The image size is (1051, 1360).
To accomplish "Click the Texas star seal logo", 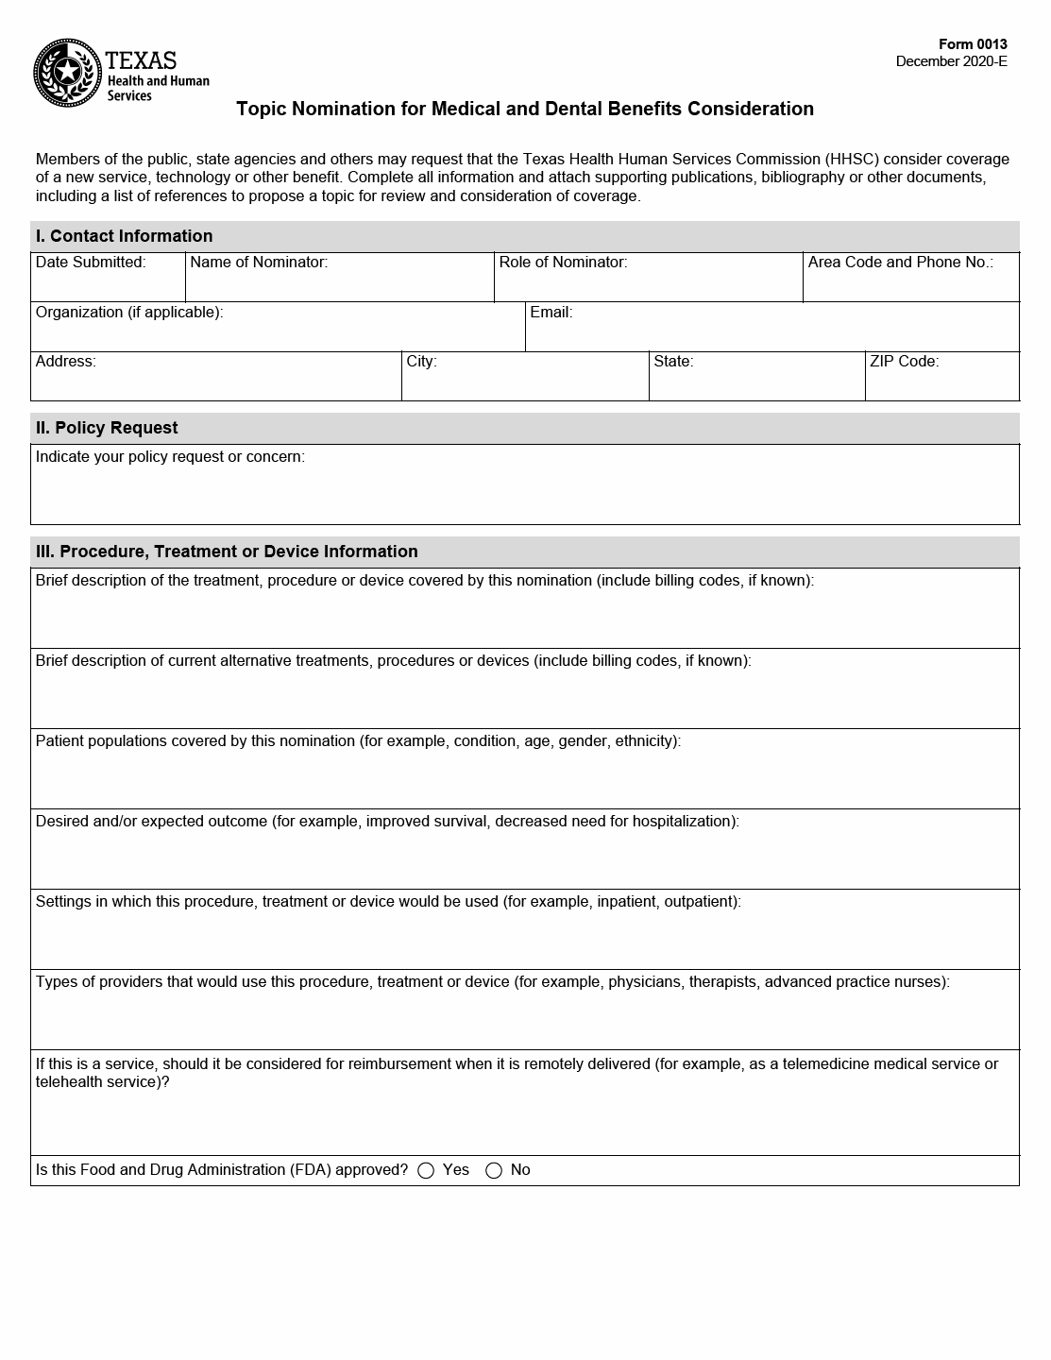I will pyautogui.click(x=67, y=73).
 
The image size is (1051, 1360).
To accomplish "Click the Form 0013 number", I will pyautogui.click(x=973, y=44).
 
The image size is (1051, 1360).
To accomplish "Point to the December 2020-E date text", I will pyautogui.click(x=951, y=61).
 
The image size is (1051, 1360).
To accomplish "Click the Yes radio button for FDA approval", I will pyautogui.click(x=426, y=1171).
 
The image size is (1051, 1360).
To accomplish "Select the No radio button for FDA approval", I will pyautogui.click(x=494, y=1171).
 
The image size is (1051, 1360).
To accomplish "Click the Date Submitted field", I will pyautogui.click(x=108, y=284).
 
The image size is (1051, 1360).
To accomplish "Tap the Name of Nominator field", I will pyautogui.click(x=339, y=284).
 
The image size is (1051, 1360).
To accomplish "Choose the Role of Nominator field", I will pyautogui.click(x=648, y=284).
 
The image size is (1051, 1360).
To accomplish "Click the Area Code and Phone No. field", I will pyautogui.click(x=910, y=284).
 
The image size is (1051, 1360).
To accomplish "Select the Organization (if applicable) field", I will pyautogui.click(x=278, y=334).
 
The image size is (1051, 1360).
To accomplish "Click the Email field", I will pyautogui.click(x=771, y=334).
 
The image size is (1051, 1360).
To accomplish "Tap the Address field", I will pyautogui.click(x=215, y=383).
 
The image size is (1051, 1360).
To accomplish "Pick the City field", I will pyautogui.click(x=525, y=383).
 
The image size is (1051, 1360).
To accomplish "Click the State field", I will pyautogui.click(x=756, y=383).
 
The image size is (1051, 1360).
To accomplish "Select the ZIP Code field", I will pyautogui.click(x=941, y=383).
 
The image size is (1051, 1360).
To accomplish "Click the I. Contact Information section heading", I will pyautogui.click(x=124, y=236).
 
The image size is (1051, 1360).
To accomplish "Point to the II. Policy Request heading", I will pyautogui.click(x=107, y=428).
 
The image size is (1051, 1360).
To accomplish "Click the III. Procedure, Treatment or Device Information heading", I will pyautogui.click(x=227, y=552).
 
